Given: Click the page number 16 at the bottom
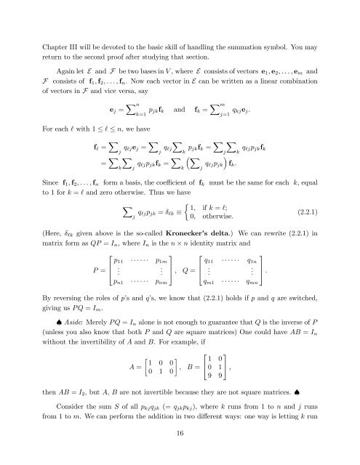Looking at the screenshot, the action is pyautogui.click(x=179, y=450).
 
